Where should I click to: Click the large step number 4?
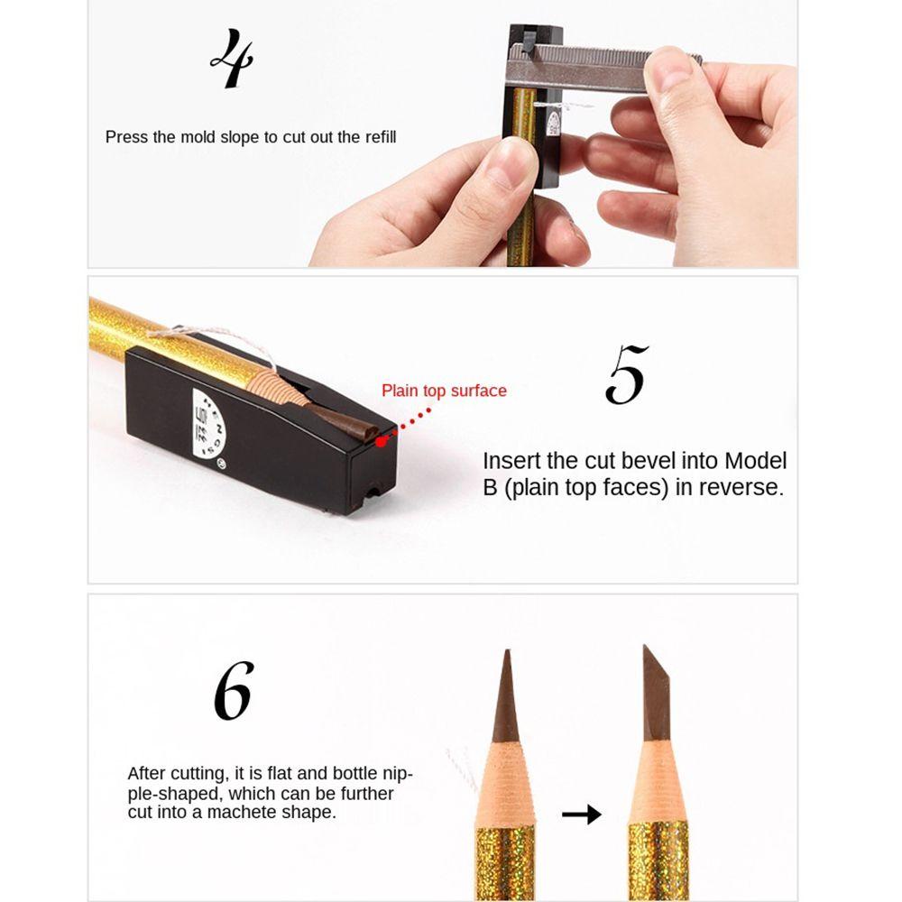tap(233, 59)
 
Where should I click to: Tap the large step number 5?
tap(627, 374)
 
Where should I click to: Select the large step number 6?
tap(235, 690)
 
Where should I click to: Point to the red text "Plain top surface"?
tap(444, 391)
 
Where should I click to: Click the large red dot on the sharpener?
tap(381, 441)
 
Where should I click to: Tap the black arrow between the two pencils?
tap(582, 814)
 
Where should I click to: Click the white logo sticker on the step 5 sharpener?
tap(207, 424)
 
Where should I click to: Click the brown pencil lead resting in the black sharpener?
tap(343, 421)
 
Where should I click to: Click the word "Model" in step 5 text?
tap(755, 461)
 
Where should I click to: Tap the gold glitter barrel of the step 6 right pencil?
tap(658, 861)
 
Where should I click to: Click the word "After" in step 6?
tap(147, 773)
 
